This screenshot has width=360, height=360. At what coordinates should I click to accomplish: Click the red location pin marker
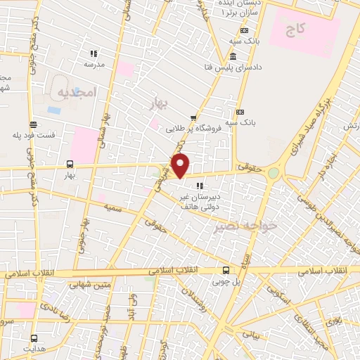[181, 166]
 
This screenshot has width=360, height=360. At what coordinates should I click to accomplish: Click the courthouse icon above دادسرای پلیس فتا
[233, 56]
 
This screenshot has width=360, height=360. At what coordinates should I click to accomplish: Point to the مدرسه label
[94, 64]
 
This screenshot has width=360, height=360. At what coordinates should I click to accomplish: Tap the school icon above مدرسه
[94, 53]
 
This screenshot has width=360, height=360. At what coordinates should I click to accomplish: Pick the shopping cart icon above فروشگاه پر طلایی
[193, 119]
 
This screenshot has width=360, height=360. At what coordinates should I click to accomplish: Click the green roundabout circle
[273, 173]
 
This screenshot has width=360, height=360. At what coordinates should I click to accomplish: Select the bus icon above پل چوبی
[226, 270]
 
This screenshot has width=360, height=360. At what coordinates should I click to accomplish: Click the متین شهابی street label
[91, 285]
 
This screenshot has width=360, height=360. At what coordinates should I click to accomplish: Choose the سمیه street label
[112, 207]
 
